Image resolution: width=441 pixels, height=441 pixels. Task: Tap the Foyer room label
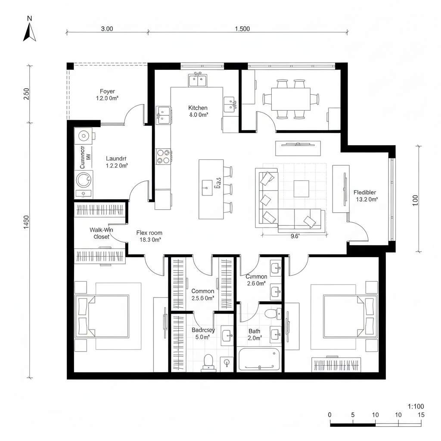(x=107, y=95)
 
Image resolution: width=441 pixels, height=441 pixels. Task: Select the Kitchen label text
(x=198, y=111)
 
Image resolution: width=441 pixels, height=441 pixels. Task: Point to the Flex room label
(x=149, y=236)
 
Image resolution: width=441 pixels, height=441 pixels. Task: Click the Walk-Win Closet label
(x=101, y=233)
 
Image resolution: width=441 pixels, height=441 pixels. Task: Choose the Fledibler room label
(x=365, y=196)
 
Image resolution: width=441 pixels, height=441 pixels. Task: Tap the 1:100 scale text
(x=416, y=406)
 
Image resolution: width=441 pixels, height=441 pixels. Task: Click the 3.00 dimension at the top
(x=107, y=29)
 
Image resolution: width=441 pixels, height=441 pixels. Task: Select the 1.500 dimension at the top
(x=242, y=29)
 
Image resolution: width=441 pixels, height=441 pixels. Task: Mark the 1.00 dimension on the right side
(x=415, y=201)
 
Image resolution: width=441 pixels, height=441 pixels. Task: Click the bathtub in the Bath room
(x=259, y=360)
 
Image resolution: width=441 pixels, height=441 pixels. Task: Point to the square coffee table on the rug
(x=301, y=188)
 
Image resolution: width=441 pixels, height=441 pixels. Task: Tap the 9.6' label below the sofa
(x=295, y=236)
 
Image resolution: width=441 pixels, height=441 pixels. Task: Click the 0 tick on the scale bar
(x=330, y=415)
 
